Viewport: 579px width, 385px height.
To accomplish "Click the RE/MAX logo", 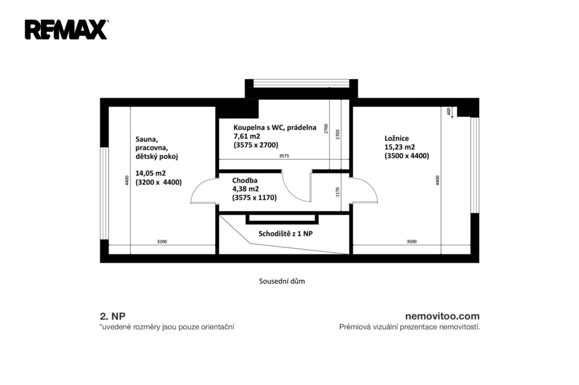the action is tap(67, 29).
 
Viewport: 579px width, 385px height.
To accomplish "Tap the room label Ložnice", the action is tap(396, 138).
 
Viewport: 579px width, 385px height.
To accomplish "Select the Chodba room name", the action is tap(244, 180).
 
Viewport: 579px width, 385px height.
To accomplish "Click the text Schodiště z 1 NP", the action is tap(286, 234).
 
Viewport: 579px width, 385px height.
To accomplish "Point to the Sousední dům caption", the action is tap(282, 281).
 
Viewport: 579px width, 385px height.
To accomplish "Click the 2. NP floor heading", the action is tap(113, 316).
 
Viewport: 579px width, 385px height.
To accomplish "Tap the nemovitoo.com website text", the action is tap(442, 316).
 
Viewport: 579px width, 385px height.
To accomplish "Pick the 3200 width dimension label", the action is tap(162, 242).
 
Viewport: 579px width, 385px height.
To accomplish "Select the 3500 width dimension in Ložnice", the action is tap(412, 242).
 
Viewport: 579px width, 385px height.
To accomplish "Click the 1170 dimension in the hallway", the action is tap(338, 192).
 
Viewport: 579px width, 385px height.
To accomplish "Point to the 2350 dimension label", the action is tap(338, 134).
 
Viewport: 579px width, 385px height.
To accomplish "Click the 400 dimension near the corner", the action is tap(448, 111).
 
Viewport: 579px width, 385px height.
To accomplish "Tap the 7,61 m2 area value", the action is tap(247, 136).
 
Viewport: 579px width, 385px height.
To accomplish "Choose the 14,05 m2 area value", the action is tap(150, 173).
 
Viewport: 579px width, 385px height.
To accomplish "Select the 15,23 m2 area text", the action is tap(400, 147).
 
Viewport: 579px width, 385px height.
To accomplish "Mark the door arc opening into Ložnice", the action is tap(370, 186).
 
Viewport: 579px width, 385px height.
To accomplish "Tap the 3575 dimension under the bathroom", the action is tap(284, 156).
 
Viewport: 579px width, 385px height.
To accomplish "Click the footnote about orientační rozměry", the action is tap(167, 327).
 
